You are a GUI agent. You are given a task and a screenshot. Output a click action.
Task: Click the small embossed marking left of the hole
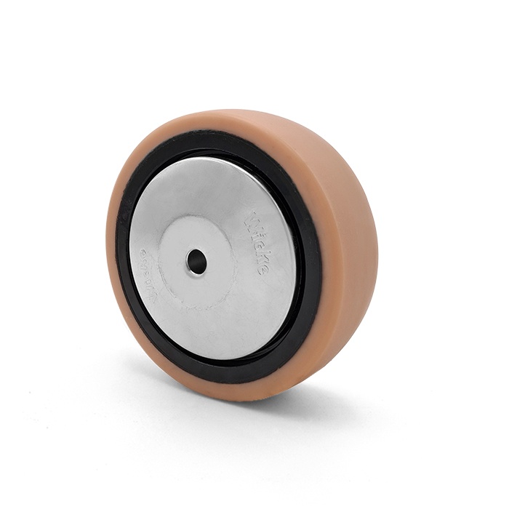145,261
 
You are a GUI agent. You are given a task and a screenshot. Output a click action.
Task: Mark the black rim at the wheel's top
218,154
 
